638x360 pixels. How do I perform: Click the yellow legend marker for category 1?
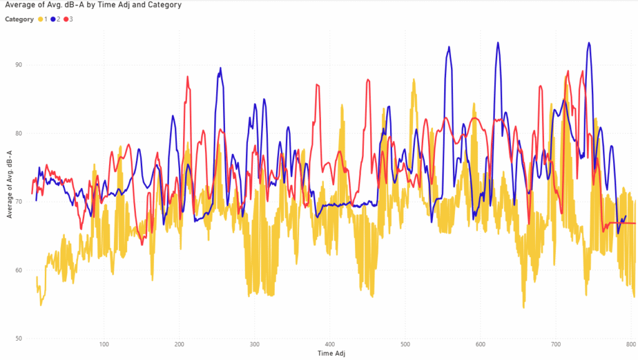click(41, 19)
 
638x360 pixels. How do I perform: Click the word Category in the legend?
click(19, 19)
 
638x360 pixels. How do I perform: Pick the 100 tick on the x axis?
click(104, 344)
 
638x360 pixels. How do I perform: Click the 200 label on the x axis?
click(179, 344)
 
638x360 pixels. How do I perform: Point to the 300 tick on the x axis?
click(255, 344)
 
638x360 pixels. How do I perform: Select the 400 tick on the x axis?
click(330, 344)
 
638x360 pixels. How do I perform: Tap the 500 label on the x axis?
click(405, 344)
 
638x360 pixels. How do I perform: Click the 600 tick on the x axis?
click(480, 344)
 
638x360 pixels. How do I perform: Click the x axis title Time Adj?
click(331, 353)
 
